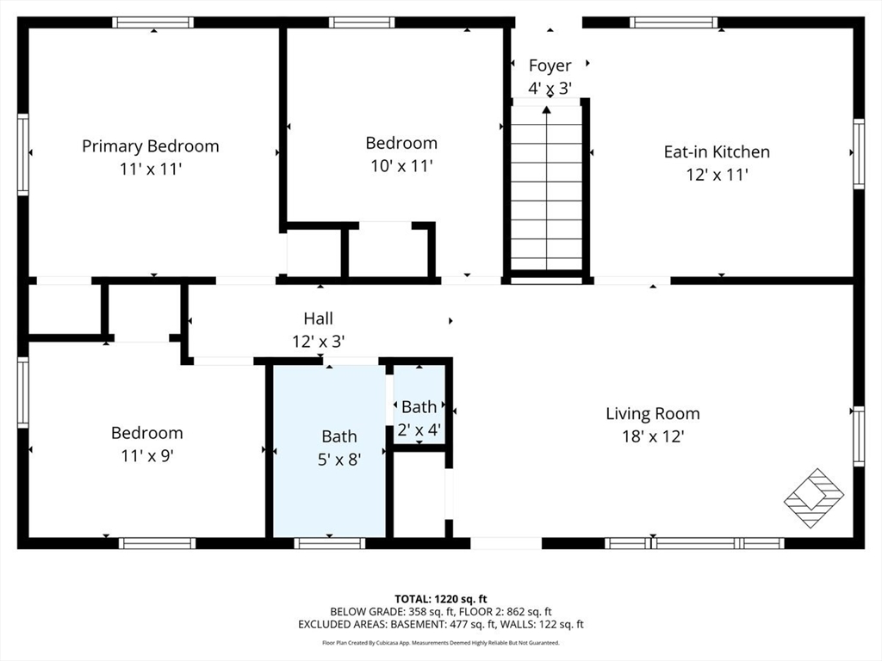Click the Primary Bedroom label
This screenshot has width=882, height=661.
coord(151,146)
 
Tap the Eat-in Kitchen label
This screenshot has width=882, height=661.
coord(716,151)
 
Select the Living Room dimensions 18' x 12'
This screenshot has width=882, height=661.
coord(652,436)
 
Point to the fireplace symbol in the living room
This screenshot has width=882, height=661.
coord(813,497)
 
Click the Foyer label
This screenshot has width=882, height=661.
coord(550,66)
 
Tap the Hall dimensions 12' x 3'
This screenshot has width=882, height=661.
coord(318,342)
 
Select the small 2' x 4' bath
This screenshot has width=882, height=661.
coord(419,406)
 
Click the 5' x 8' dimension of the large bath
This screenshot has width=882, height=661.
coord(339,460)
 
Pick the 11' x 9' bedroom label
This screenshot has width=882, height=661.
coord(146,433)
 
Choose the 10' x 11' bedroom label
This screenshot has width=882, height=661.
coord(401,143)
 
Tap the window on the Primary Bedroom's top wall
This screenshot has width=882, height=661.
coord(153,22)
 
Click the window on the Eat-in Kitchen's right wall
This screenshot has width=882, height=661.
coord(858,154)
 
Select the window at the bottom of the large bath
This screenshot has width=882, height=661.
coord(329,543)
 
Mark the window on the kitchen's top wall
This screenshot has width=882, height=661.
coord(673,22)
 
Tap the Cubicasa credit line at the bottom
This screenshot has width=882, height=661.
coord(440,643)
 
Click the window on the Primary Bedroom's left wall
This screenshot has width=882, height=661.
coord(23,154)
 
